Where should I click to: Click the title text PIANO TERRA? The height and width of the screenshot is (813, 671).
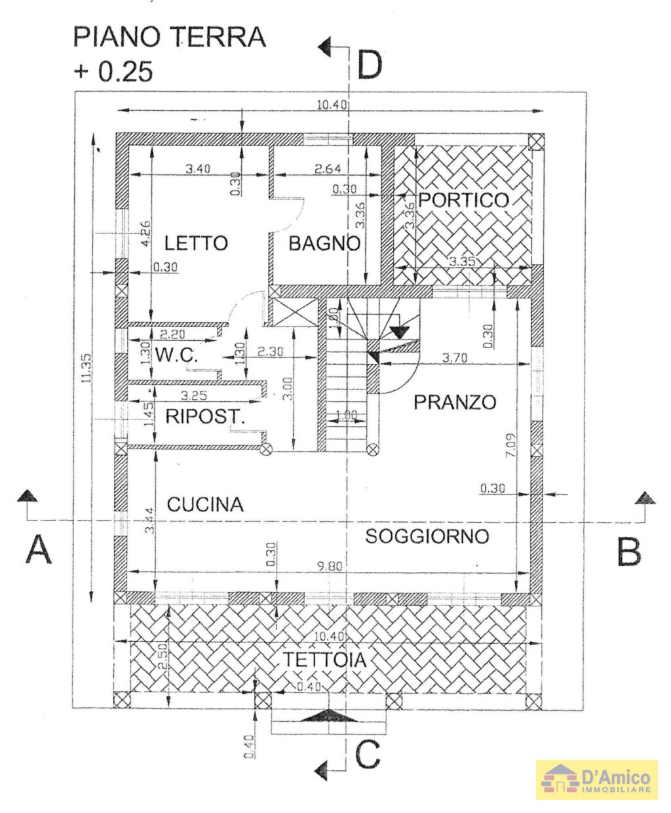pyautogui.click(x=169, y=37)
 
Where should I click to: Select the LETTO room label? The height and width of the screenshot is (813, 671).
pyautogui.click(x=195, y=243)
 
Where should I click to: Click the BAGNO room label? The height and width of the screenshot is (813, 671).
pyautogui.click(x=324, y=244)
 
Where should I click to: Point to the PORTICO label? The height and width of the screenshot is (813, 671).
pyautogui.click(x=463, y=200)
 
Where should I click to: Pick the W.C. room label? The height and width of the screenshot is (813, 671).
pyautogui.click(x=176, y=356)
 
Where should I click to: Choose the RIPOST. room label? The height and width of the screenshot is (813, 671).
pyautogui.click(x=204, y=416)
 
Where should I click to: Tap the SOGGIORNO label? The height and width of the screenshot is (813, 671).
pyautogui.click(x=427, y=536)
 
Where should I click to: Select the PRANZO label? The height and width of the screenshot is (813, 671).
pyautogui.click(x=454, y=402)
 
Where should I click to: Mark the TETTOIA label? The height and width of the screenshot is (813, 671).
pyautogui.click(x=324, y=660)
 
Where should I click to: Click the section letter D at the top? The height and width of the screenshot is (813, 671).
pyautogui.click(x=370, y=65)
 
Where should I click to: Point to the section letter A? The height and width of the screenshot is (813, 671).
pyautogui.click(x=38, y=549)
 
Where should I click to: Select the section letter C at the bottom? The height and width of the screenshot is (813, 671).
pyautogui.click(x=368, y=755)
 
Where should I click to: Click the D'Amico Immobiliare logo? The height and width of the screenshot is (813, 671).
pyautogui.click(x=596, y=780)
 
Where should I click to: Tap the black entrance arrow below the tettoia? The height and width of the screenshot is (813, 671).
pyautogui.click(x=329, y=715)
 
